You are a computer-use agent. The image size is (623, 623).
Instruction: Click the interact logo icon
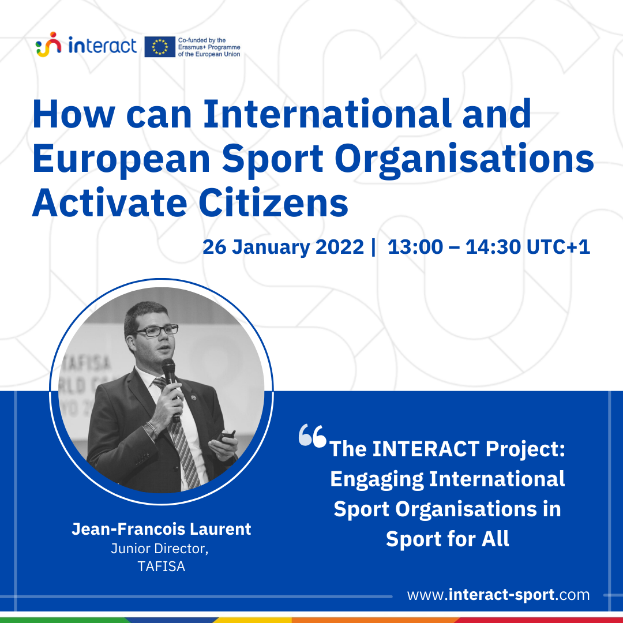[x=48, y=44]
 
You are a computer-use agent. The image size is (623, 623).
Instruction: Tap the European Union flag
[x=160, y=47]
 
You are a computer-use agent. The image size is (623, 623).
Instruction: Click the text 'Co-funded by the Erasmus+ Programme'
[x=209, y=44]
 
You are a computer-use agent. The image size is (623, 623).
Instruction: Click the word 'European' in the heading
[x=121, y=159]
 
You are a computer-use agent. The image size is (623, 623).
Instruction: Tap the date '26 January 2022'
[x=283, y=247]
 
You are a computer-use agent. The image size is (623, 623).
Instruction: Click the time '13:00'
[x=415, y=247]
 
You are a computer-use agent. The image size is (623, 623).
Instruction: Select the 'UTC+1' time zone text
[x=558, y=247]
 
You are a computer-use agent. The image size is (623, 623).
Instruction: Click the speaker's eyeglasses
[x=156, y=331]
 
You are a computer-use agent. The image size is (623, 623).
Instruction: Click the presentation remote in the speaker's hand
[x=227, y=436]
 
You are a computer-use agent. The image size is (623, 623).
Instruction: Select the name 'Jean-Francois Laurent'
[x=162, y=529]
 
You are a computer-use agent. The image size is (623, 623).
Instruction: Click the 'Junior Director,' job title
[x=160, y=549]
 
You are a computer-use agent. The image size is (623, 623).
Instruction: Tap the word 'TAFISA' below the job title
[x=162, y=566]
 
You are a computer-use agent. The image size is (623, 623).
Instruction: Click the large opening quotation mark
[x=312, y=436]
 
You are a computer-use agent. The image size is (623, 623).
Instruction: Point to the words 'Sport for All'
[x=448, y=539]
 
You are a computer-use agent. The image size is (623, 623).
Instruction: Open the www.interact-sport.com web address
[x=498, y=595]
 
